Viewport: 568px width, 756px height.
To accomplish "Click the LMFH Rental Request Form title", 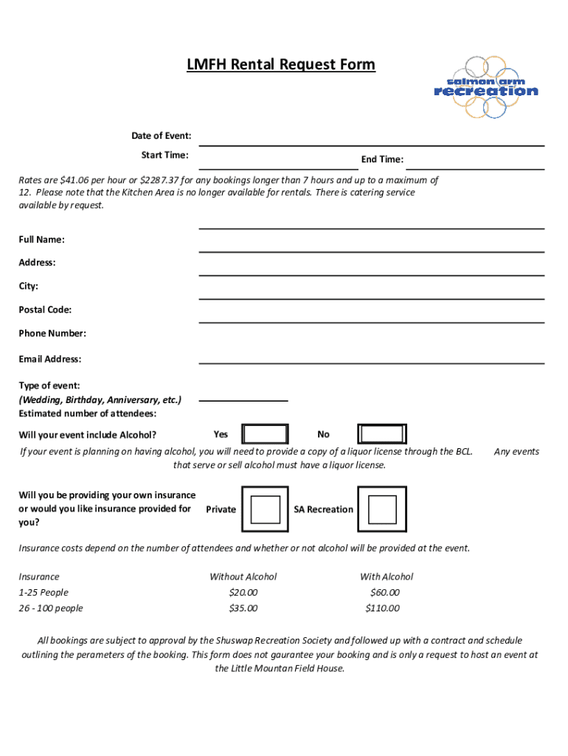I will click(280, 65).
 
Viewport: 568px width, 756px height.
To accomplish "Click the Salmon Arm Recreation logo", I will click(485, 88).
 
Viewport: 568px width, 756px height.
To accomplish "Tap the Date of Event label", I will click(162, 136).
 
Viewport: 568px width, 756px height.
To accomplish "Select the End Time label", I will click(381, 159).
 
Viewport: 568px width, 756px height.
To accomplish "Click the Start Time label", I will click(164, 155).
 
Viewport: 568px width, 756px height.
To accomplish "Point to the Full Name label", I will click(41, 240).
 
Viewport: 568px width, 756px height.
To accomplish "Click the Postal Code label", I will click(45, 310).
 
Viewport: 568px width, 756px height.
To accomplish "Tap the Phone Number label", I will click(52, 334).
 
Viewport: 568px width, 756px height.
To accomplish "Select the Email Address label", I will click(50, 360).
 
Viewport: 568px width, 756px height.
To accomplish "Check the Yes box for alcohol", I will click(266, 434).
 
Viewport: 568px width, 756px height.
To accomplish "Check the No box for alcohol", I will click(382, 434).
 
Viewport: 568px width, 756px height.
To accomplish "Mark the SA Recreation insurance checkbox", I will click(382, 509).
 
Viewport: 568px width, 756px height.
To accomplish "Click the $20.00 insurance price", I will click(243, 593).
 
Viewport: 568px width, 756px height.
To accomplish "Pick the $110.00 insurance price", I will click(382, 608).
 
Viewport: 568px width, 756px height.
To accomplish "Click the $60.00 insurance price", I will click(384, 593).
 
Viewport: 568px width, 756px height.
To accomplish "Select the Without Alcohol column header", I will click(243, 577).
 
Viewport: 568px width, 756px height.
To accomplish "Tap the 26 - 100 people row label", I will click(51, 608).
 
